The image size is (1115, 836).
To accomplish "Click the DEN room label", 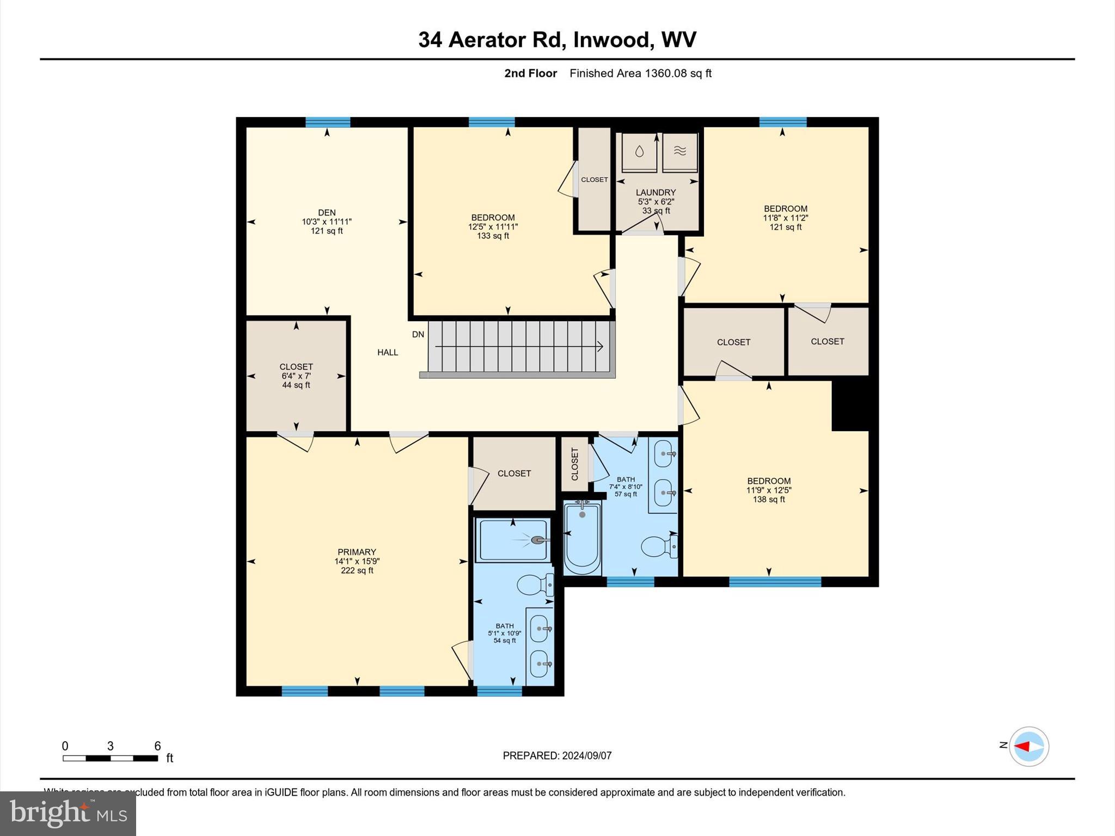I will tap(327, 213).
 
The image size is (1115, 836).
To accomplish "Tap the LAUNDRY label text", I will tap(655, 193).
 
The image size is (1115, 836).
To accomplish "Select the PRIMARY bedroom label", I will tap(357, 552).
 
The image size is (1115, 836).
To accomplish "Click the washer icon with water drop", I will tap(639, 151).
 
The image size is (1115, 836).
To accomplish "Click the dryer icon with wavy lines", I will tap(679, 151).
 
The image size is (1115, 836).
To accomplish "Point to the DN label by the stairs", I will tap(418, 334).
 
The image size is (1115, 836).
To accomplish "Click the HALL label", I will tap(388, 352).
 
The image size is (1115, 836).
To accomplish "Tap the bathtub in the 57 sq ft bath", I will tap(582, 539).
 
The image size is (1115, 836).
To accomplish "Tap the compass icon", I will tap(1028, 747).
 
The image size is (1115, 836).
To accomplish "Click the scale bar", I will tap(110, 758).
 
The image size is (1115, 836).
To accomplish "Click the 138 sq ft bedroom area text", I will tap(769, 499).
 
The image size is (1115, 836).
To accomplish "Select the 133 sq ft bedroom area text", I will tap(493, 236).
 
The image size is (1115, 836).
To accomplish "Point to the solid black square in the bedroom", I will tap(850, 405).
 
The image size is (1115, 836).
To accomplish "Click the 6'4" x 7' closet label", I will tap(296, 376).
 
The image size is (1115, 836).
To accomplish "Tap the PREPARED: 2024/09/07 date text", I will tap(557, 755).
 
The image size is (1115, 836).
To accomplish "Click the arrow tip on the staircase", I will tap(601, 346).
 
